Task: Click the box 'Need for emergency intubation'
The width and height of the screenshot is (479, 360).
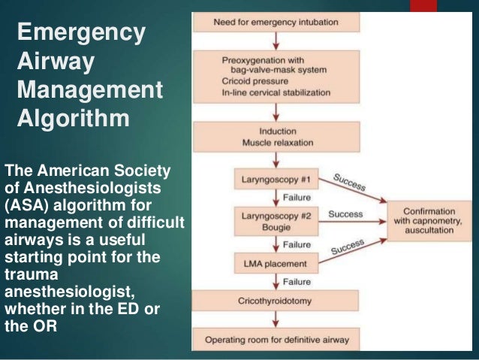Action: tap(276, 22)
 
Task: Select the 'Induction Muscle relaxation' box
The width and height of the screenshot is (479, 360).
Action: tap(276, 137)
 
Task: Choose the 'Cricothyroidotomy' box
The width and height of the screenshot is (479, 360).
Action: tap(276, 301)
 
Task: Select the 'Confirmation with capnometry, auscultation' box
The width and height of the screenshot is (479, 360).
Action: tap(428, 222)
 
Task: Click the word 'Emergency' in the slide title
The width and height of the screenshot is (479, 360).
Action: tap(80, 33)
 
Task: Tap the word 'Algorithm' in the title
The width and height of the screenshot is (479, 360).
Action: tap(73, 119)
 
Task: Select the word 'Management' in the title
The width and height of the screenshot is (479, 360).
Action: tap(89, 91)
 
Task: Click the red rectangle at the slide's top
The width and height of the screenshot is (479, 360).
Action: tap(423, 5)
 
